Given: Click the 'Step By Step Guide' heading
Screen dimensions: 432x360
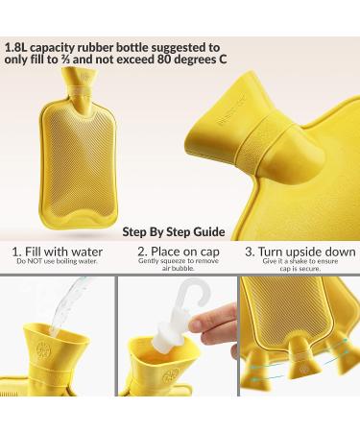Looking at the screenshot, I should coord(174,231).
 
